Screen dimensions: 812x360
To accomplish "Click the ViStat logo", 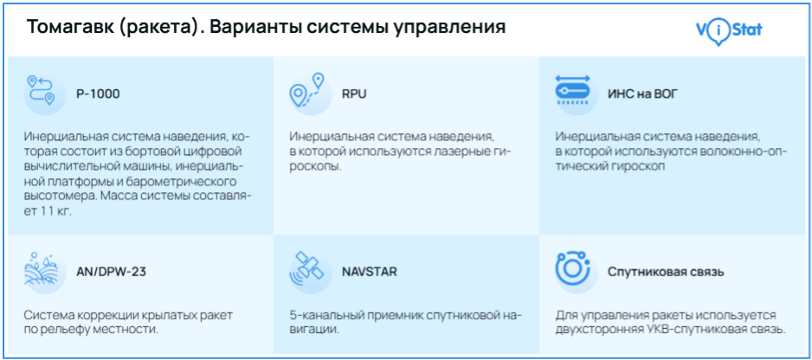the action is (729, 31).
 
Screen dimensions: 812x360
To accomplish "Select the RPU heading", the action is (354, 94).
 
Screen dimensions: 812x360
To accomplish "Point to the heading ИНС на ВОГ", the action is (642, 94).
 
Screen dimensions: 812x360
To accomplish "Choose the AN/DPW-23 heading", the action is (111, 272).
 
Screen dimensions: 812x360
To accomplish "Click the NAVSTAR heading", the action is (370, 272).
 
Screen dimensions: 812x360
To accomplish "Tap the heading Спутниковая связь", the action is (666, 272).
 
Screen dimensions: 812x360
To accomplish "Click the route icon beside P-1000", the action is (42, 90).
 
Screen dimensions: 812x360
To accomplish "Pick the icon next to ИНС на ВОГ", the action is (572, 90).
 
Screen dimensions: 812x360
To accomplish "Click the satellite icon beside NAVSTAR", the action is (306, 268).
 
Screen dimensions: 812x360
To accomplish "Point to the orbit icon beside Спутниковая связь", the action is (572, 267).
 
